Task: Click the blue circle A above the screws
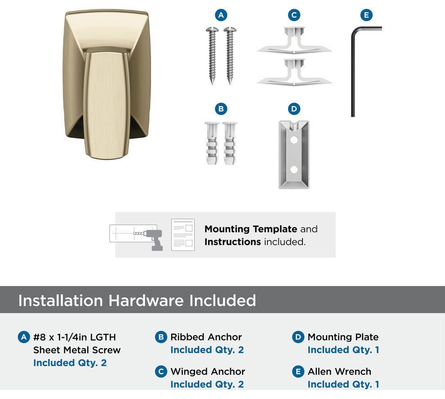point(221,15)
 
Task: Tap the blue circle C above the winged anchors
point(294,15)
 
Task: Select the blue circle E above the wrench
point(366,15)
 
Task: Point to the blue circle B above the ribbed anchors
point(221,109)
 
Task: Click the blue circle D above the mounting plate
point(294,109)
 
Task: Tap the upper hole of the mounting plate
point(294,140)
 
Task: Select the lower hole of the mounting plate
point(294,170)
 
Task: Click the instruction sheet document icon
point(183,235)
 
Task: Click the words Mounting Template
point(251,229)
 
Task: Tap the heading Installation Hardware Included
point(137,300)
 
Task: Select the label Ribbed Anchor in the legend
point(206,337)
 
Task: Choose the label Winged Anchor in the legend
point(208,371)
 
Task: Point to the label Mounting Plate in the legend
point(343,337)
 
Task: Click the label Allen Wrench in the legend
point(339,371)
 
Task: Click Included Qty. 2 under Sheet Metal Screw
point(70,363)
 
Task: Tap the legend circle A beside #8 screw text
point(24,337)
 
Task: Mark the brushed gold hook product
point(107,84)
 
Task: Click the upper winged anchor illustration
point(294,40)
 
